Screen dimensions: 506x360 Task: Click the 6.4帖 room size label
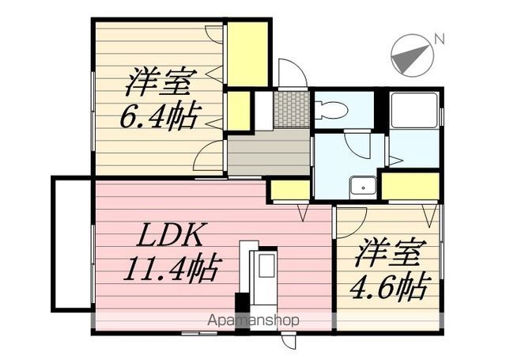click(x=158, y=116)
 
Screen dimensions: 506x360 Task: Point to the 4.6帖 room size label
click(x=390, y=287)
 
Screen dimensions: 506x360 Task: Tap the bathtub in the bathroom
click(x=413, y=110)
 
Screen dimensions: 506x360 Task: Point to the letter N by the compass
click(x=440, y=39)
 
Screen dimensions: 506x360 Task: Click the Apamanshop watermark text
click(x=253, y=320)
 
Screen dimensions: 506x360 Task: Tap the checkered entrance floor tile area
click(x=291, y=110)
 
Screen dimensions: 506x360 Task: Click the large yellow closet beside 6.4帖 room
click(x=247, y=54)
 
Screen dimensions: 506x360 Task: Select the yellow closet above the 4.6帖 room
click(x=410, y=186)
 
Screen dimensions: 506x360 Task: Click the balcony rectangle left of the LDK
click(x=72, y=244)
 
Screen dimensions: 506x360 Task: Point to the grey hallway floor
click(x=269, y=152)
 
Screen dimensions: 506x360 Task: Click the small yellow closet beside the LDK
click(x=290, y=190)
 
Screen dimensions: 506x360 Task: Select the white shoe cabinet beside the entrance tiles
click(x=264, y=110)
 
